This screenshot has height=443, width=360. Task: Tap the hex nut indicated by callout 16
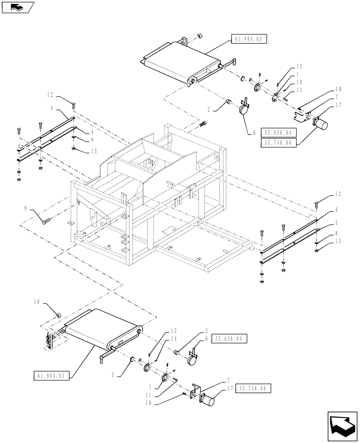(x=58, y=315)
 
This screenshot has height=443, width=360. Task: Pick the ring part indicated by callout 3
(x=132, y=358)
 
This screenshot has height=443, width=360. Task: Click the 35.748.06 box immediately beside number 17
(x=254, y=389)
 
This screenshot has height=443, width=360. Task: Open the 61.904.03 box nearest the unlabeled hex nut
(x=247, y=39)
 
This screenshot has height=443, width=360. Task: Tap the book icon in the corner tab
(x=17, y=6)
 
